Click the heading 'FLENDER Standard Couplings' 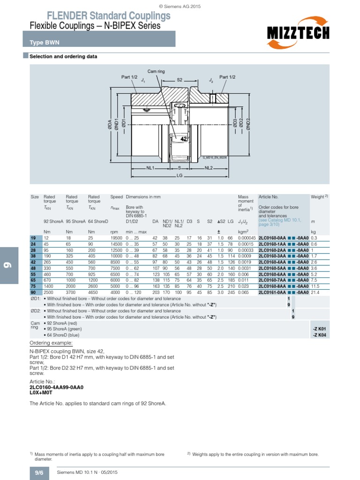point(100,16)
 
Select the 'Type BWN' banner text point(42,43)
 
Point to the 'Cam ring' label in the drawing point(156,71)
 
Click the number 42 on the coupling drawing point(184,139)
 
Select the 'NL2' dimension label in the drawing point(209,167)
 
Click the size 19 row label point(33,239)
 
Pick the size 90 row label point(33,292)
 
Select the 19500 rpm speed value point(116,239)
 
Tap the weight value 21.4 point(315,292)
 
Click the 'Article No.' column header point(269,197)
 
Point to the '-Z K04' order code point(319,336)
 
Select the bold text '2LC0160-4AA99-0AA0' point(56,388)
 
